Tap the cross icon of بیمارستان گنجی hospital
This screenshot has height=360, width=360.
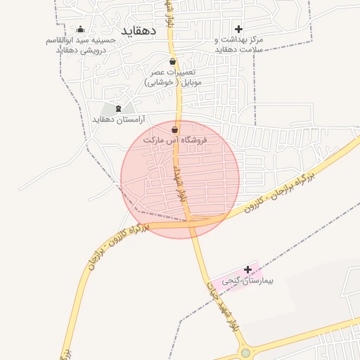tap(247, 269)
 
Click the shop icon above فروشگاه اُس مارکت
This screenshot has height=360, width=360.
tap(174, 129)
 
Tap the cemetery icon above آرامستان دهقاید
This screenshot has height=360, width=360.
tap(117, 108)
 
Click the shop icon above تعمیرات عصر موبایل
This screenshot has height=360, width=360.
tap(172, 62)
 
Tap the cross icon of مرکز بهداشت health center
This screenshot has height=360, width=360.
tap(238, 29)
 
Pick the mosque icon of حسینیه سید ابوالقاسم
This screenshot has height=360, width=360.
tap(80, 30)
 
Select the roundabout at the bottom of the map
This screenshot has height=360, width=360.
tap(245, 354)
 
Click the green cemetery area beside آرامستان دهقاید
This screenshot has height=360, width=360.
tap(109, 110)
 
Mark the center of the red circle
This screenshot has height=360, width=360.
tap(180, 179)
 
